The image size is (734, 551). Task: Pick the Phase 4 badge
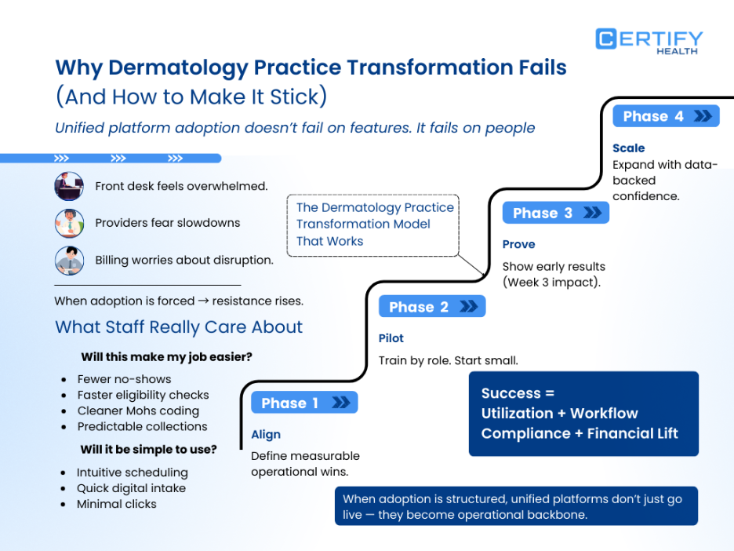[x=666, y=116]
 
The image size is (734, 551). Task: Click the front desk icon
[x=69, y=186]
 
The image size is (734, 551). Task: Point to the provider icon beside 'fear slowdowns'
[x=69, y=223]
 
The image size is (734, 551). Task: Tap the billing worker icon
[x=69, y=260]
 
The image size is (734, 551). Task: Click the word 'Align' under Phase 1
[x=266, y=435]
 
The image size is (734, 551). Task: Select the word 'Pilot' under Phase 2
[x=391, y=338]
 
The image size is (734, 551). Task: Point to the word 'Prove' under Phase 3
[x=519, y=244]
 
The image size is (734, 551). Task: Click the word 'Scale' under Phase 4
[x=629, y=148]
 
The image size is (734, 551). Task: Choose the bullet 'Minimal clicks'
[x=116, y=504]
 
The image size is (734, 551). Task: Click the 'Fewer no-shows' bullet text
[x=124, y=379]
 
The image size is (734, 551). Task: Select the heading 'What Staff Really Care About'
[x=179, y=327]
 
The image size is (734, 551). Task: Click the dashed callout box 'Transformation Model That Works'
[x=373, y=224]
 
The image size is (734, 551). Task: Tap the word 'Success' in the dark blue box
[x=511, y=393]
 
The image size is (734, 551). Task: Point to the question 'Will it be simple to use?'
[x=148, y=450]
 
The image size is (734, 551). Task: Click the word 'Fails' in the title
[x=537, y=68]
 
